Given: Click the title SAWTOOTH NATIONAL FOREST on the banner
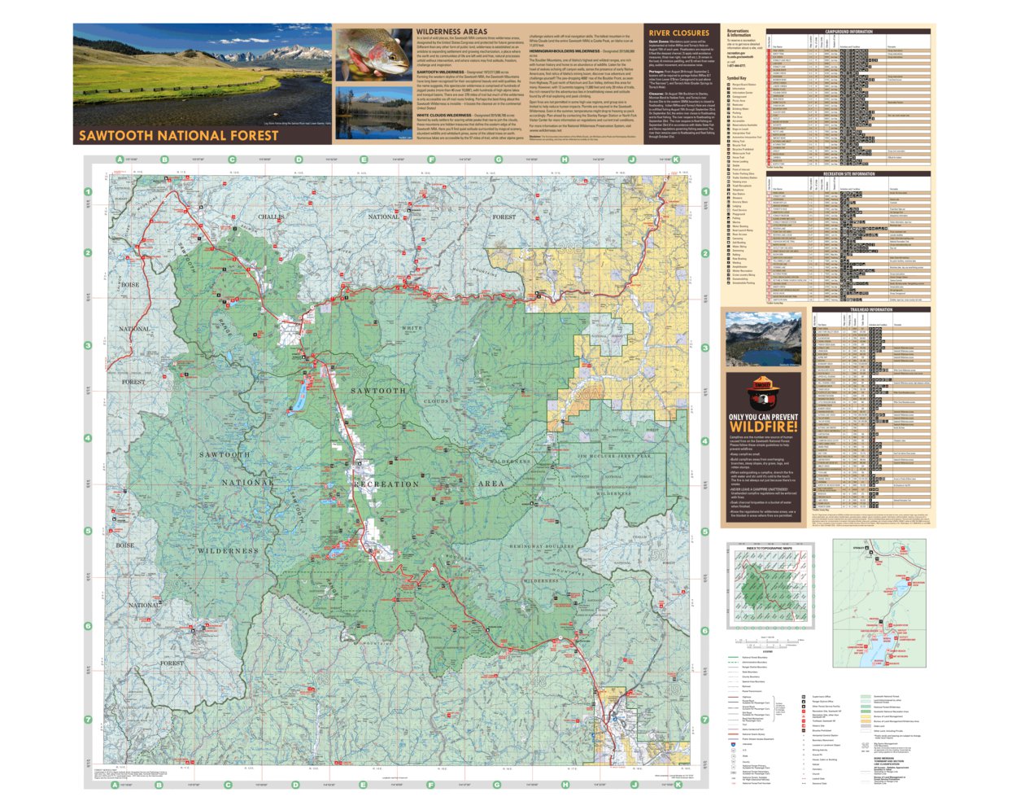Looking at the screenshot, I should [178, 135].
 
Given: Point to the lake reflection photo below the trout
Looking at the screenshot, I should [373, 113].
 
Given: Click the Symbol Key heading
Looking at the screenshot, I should [736, 78].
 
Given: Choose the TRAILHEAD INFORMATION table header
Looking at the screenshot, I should [870, 309].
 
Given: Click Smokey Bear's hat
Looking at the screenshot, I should [762, 382].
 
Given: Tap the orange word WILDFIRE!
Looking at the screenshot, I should [763, 427].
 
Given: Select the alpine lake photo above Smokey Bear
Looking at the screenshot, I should [762, 338].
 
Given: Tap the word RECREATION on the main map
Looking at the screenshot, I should [386, 484].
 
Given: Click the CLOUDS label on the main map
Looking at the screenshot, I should [436, 401].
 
